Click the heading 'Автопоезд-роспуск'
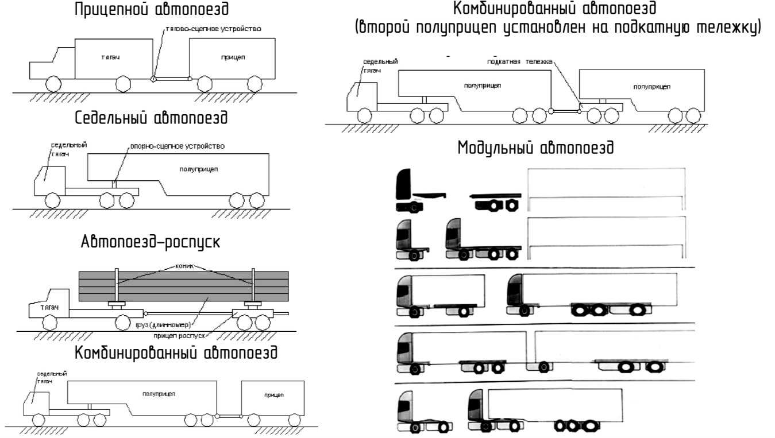151,242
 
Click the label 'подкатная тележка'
519,61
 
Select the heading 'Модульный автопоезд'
536,148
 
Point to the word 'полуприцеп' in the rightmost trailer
651,86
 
